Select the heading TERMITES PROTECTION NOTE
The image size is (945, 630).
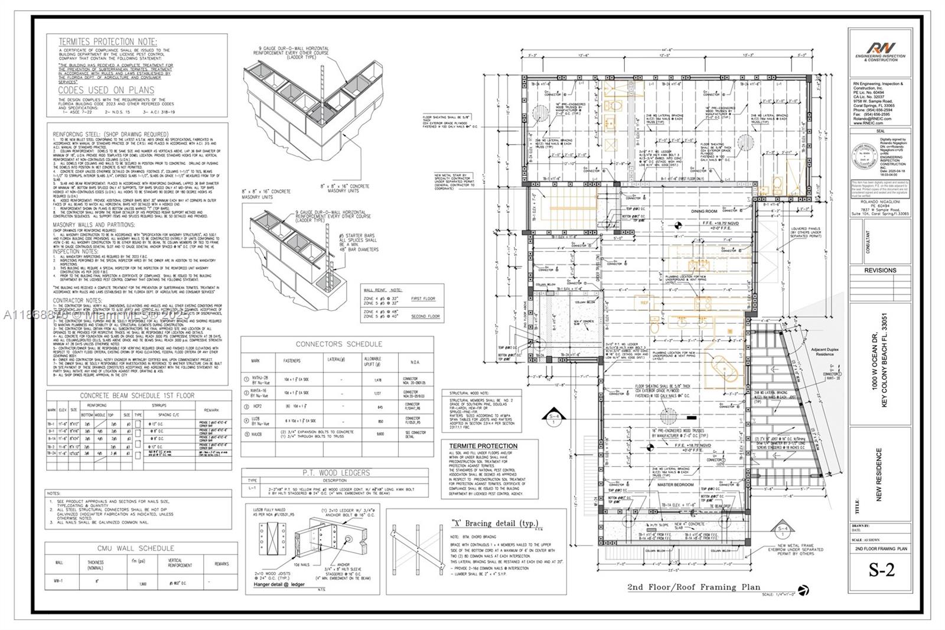[x=107, y=42]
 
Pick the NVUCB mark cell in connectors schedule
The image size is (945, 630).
[x=255, y=434]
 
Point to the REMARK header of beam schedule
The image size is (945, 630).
[x=211, y=410]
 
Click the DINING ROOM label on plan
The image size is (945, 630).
[x=703, y=211]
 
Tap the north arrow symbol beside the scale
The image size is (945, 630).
[x=803, y=590]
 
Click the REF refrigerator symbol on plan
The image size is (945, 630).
[x=644, y=302]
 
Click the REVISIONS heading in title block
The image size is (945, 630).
[x=880, y=270]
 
